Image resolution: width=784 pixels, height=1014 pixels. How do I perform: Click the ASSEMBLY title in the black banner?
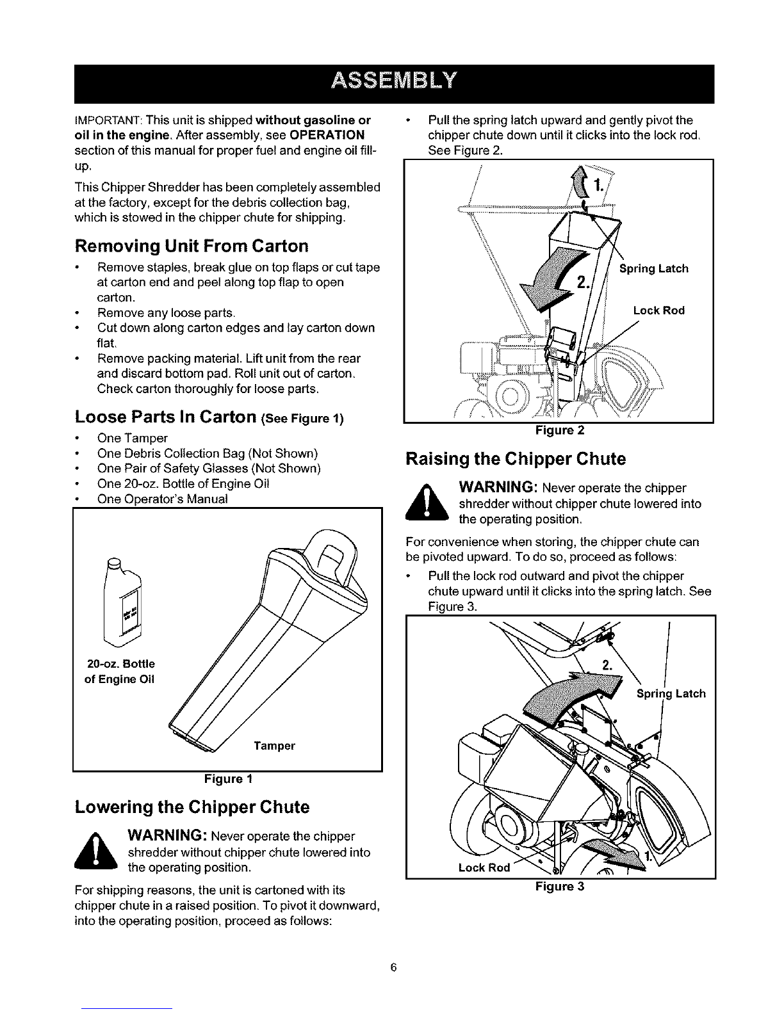coord(394,82)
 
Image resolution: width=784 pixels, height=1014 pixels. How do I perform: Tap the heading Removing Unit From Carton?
coord(192,246)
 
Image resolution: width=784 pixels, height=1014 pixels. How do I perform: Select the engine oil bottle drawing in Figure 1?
coord(122,602)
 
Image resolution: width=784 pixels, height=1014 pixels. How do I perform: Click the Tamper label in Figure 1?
coord(274,746)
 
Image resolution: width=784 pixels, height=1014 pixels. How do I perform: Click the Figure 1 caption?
coord(228,779)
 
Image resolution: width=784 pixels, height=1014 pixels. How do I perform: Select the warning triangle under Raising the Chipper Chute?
coord(427,503)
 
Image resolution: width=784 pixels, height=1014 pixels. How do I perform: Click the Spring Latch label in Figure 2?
coord(654,269)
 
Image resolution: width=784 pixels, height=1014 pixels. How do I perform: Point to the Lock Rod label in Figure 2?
coord(659,310)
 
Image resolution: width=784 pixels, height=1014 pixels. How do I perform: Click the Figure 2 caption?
coord(560,430)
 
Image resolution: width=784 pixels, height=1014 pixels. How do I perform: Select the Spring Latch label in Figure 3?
coord(671,694)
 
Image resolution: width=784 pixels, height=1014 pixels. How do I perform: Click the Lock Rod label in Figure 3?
coord(484,868)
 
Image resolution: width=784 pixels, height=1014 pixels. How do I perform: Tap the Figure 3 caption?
coord(560,887)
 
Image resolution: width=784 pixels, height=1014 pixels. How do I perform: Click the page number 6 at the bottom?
coord(393,967)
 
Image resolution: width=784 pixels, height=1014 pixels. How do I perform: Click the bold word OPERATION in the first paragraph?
coord(327,135)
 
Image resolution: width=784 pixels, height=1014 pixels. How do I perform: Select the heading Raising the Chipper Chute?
coord(516,459)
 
